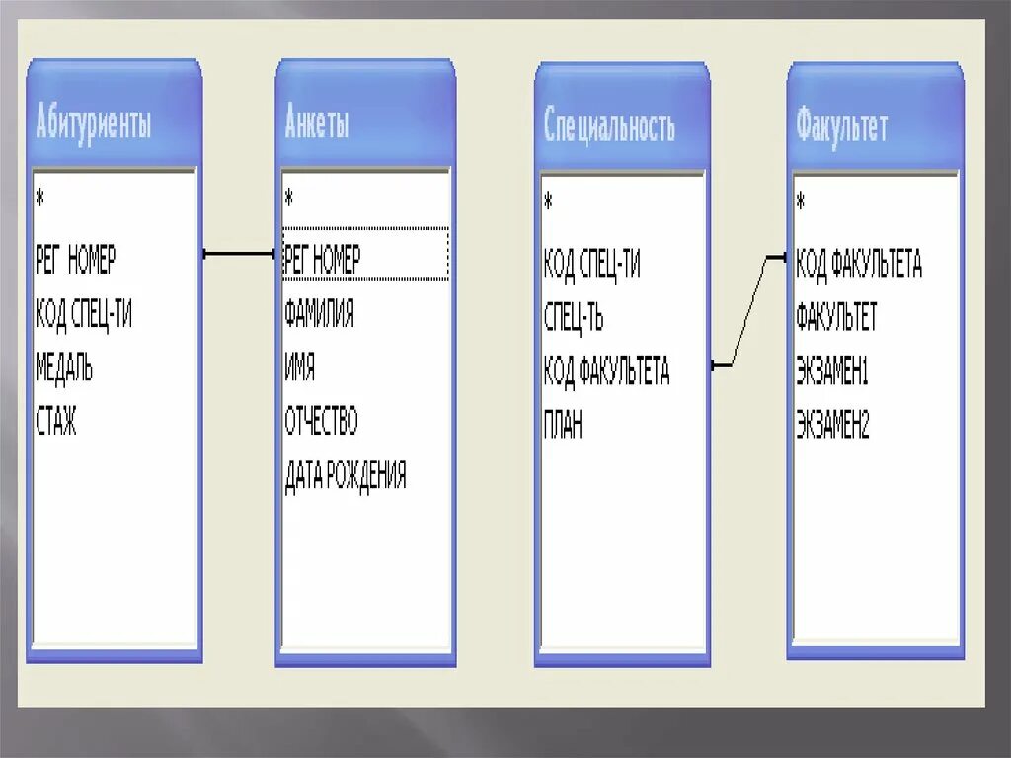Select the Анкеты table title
coord(317,124)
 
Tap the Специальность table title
coord(609,127)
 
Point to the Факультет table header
coord(841,127)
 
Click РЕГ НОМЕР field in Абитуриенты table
coord(75,261)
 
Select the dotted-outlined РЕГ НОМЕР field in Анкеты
coord(323,260)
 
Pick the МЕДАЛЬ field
coord(64,370)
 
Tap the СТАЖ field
coord(55,423)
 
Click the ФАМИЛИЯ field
coord(319,315)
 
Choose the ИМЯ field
coord(300,370)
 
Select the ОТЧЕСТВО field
coord(321,423)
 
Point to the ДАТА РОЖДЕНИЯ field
coord(346,476)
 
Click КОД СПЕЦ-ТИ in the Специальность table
coord(591,265)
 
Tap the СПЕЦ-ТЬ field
coord(574,318)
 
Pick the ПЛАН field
coord(563,426)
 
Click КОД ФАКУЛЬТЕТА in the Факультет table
coord(858,264)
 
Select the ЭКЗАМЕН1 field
coord(831,372)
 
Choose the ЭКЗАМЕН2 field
coord(832,426)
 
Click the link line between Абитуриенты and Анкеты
coord(240,255)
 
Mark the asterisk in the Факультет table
coord(801,202)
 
